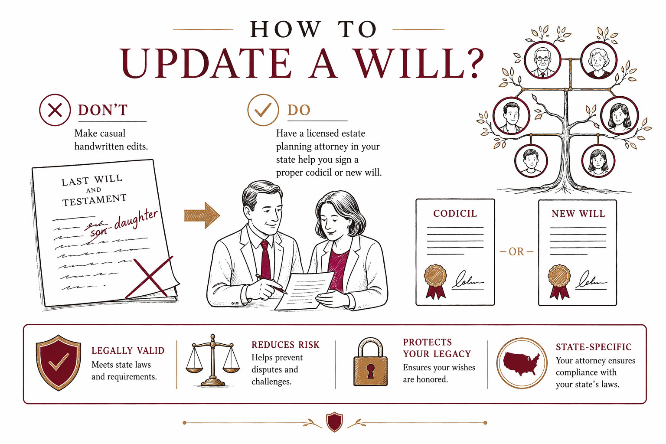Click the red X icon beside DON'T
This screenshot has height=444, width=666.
55,110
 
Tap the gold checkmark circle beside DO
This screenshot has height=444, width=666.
263,110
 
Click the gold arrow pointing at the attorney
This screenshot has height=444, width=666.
202,215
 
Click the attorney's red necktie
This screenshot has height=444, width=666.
265,260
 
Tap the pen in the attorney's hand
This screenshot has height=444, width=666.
271,284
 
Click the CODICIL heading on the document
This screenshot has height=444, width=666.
455,213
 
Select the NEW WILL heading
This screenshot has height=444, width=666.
578,214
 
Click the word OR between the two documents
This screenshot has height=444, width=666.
516,251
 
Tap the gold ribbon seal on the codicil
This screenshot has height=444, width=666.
436,281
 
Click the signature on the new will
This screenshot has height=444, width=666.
591,281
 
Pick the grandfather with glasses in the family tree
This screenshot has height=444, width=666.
542,60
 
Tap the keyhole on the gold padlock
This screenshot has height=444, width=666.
370,371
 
